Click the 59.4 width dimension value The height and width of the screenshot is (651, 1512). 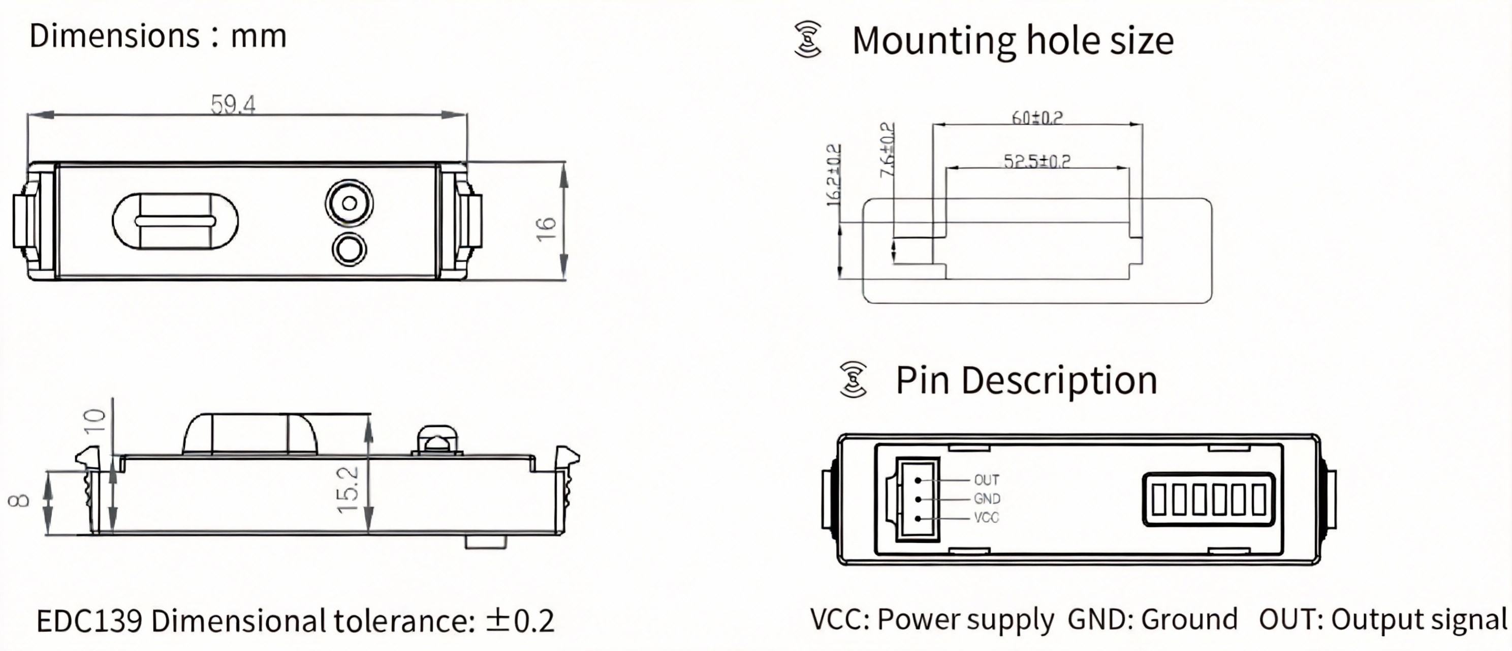pyautogui.click(x=233, y=105)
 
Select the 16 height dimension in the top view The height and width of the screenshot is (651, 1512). pyautogui.click(x=546, y=228)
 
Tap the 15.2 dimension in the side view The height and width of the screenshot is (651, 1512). pyautogui.click(x=348, y=489)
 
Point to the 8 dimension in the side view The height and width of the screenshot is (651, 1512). pyautogui.click(x=19, y=500)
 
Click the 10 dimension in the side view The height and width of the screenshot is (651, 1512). pyautogui.click(x=95, y=421)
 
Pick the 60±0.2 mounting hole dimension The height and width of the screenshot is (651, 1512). pyautogui.click(x=1036, y=117)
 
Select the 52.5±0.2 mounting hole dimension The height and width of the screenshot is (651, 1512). pyautogui.click(x=1036, y=161)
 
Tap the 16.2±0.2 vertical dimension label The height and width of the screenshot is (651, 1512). pyautogui.click(x=833, y=175)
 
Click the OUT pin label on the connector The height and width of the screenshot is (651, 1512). pyautogui.click(x=986, y=480)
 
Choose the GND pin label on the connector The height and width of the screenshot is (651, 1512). pyautogui.click(x=987, y=499)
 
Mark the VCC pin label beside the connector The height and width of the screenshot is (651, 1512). pyautogui.click(x=986, y=518)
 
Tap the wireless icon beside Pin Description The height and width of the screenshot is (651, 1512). pyautogui.click(x=854, y=379)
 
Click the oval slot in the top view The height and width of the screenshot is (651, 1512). pyautogui.click(x=175, y=221)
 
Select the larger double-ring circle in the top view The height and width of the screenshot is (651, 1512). pyautogui.click(x=349, y=203)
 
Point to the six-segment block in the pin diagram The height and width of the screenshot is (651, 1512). pyautogui.click(x=1209, y=499)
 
